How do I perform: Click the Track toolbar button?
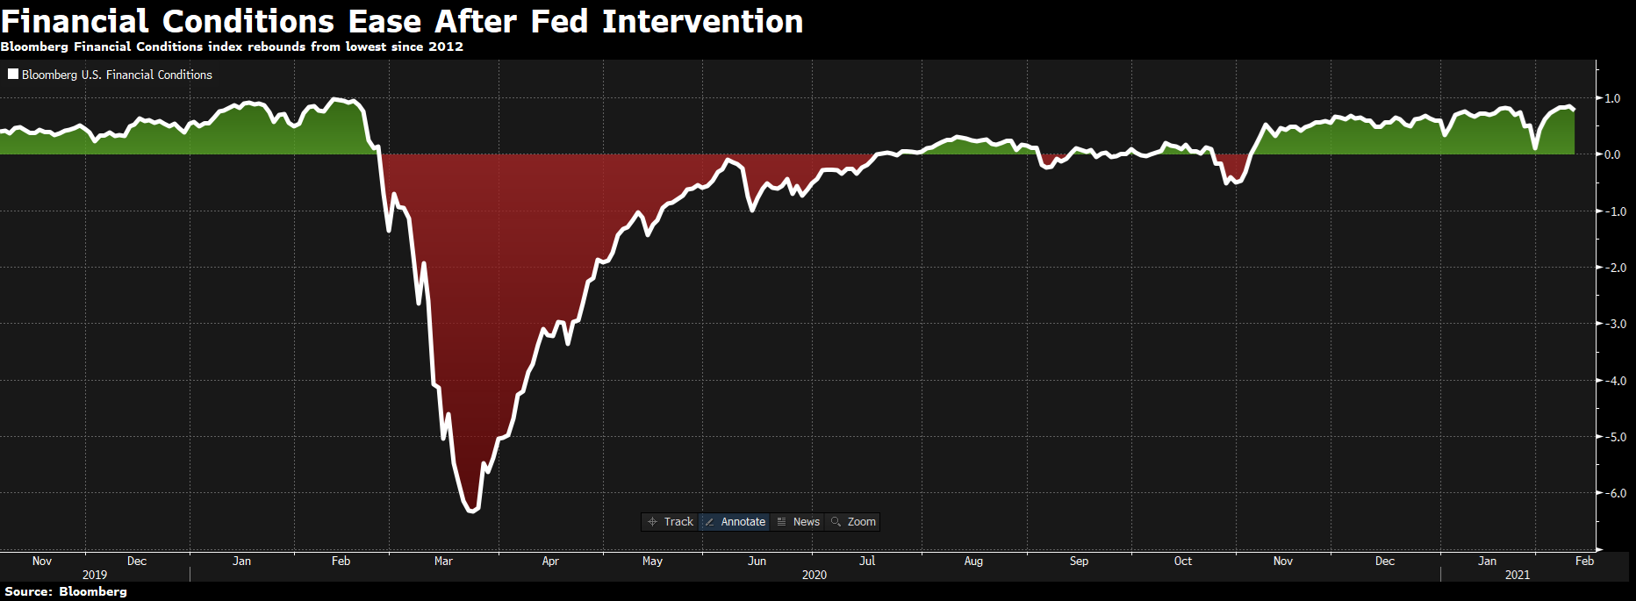click(671, 522)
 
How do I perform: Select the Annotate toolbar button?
click(735, 522)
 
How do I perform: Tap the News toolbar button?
click(799, 522)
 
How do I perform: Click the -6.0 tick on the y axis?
click(1615, 494)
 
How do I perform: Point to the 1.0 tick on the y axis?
click(1612, 99)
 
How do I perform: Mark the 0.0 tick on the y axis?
click(1612, 155)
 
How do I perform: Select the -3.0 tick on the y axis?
click(1615, 325)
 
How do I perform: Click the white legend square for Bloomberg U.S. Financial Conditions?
click(13, 75)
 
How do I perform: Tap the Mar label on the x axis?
click(443, 562)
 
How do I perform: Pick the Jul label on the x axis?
click(867, 562)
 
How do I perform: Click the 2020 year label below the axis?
click(814, 576)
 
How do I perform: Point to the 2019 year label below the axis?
click(95, 576)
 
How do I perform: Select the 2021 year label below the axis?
click(1518, 576)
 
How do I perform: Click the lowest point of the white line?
click(472, 511)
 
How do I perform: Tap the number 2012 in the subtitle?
click(446, 47)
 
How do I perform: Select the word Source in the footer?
click(28, 592)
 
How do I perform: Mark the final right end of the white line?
click(1574, 110)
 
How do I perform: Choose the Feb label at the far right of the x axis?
click(1584, 562)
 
